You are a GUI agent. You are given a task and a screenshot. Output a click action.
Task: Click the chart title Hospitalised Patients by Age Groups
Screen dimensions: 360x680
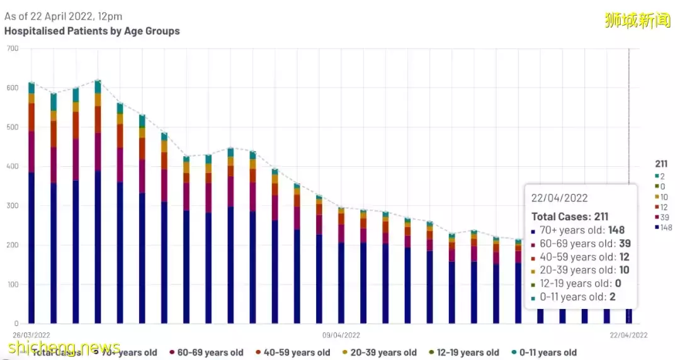coord(92,31)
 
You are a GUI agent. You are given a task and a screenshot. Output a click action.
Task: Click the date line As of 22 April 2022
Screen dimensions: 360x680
coord(63,16)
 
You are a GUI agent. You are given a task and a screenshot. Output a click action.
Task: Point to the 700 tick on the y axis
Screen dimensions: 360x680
coord(12,49)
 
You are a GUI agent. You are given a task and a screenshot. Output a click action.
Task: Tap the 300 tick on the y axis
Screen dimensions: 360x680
coord(12,206)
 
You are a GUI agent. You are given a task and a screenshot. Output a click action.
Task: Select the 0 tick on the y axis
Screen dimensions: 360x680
coord(16,323)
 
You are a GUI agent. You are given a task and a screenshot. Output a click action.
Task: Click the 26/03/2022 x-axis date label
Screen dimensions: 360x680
coord(31,335)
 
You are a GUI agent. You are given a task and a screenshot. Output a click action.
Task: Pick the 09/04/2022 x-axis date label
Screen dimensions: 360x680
coord(341,335)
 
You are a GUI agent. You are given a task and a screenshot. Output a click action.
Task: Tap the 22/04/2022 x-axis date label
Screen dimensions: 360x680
coord(628,335)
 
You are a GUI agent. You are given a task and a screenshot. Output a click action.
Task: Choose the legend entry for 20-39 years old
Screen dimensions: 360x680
coord(379,352)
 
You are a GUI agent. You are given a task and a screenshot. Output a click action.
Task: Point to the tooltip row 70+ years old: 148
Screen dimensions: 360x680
coord(581,230)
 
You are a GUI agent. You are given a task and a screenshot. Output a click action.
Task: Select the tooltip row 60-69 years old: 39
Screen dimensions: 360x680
coord(581,244)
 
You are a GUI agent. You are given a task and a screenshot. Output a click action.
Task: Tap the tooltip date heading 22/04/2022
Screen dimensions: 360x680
coord(560,198)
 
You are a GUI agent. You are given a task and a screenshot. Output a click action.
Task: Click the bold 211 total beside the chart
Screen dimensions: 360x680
coord(661,164)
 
